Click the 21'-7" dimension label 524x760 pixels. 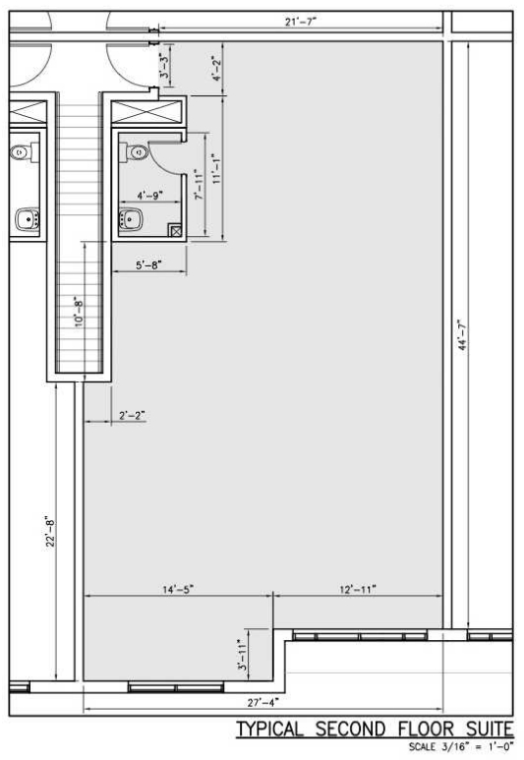pyautogui.click(x=301, y=22)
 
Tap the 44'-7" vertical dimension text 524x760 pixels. pyautogui.click(x=463, y=334)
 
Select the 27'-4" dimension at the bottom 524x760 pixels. pyautogui.click(x=262, y=702)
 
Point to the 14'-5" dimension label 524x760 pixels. pyautogui.click(x=178, y=589)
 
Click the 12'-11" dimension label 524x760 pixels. pyautogui.click(x=358, y=589)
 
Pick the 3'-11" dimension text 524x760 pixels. pyautogui.click(x=243, y=655)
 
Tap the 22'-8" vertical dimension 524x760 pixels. pyautogui.click(x=50, y=532)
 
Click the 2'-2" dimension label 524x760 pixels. pyautogui.click(x=132, y=415)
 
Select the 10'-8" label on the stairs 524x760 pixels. pyautogui.click(x=79, y=312)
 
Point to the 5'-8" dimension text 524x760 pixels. pyautogui.click(x=148, y=264)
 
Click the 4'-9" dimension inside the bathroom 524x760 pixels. pyautogui.click(x=149, y=196)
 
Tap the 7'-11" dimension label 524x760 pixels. pyautogui.click(x=199, y=184)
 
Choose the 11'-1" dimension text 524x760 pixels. pyautogui.click(x=216, y=168)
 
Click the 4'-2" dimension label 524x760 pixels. pyautogui.click(x=216, y=69)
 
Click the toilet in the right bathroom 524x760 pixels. pyautogui.click(x=134, y=151)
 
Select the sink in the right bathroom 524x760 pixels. pyautogui.click(x=130, y=219)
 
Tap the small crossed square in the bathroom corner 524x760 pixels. pyautogui.click(x=176, y=231)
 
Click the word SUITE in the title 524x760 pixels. pyautogui.click(x=490, y=729)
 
